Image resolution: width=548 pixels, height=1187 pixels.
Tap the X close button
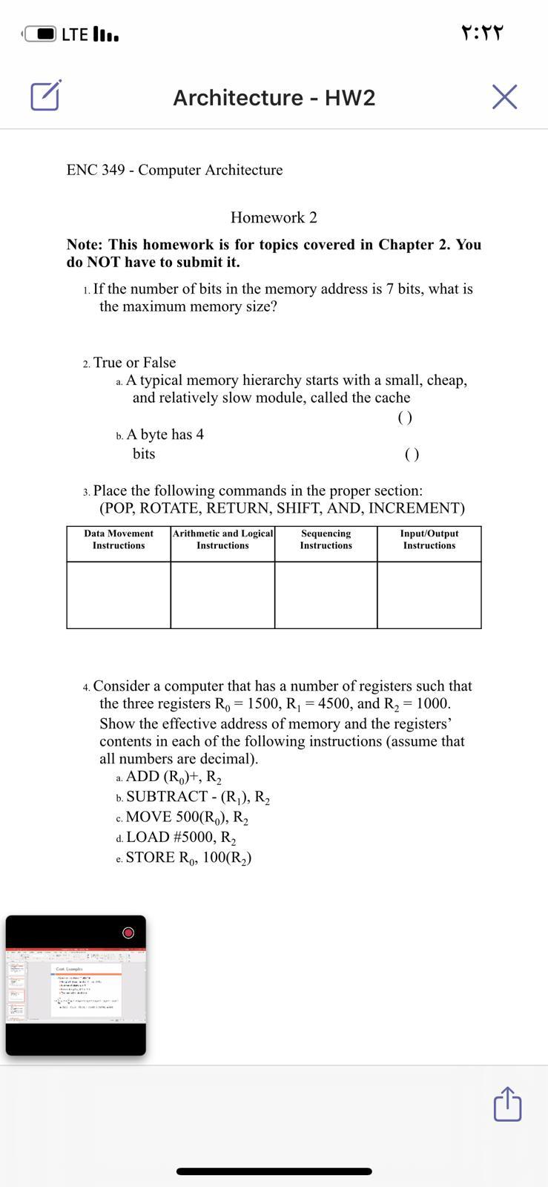click(504, 97)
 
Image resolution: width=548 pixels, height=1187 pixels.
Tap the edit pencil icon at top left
click(44, 96)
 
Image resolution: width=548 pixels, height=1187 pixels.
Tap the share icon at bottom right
click(507, 1104)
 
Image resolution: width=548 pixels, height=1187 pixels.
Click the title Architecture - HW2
click(274, 98)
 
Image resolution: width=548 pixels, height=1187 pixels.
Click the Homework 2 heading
click(274, 217)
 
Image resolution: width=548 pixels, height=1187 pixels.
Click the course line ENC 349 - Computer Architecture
click(174, 170)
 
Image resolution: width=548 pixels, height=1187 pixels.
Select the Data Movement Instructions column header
click(119, 539)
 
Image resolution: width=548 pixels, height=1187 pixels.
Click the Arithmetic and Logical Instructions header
click(222, 539)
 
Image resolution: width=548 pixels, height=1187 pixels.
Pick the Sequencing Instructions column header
click(326, 539)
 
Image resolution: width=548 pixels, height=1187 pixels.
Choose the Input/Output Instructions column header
click(429, 539)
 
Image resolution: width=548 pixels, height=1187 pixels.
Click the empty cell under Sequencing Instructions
click(326, 595)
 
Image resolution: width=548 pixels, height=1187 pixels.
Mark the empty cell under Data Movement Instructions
click(119, 595)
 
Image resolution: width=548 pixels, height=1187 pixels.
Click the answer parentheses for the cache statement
click(405, 418)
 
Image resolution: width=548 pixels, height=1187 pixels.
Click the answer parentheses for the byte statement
click(412, 455)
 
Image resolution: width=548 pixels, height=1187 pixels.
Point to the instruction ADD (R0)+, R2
click(174, 777)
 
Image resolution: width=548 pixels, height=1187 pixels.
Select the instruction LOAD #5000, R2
click(181, 838)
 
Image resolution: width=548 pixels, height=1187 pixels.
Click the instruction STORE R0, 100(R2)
click(188, 858)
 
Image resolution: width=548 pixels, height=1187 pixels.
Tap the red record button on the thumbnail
click(128, 933)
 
